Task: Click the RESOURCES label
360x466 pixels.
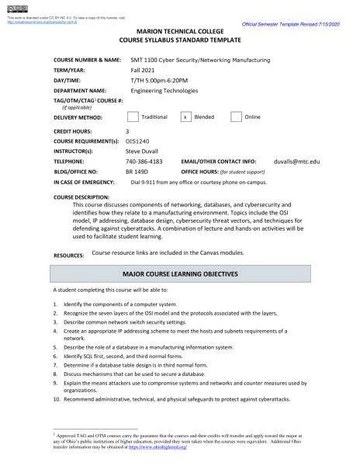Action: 68,255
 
